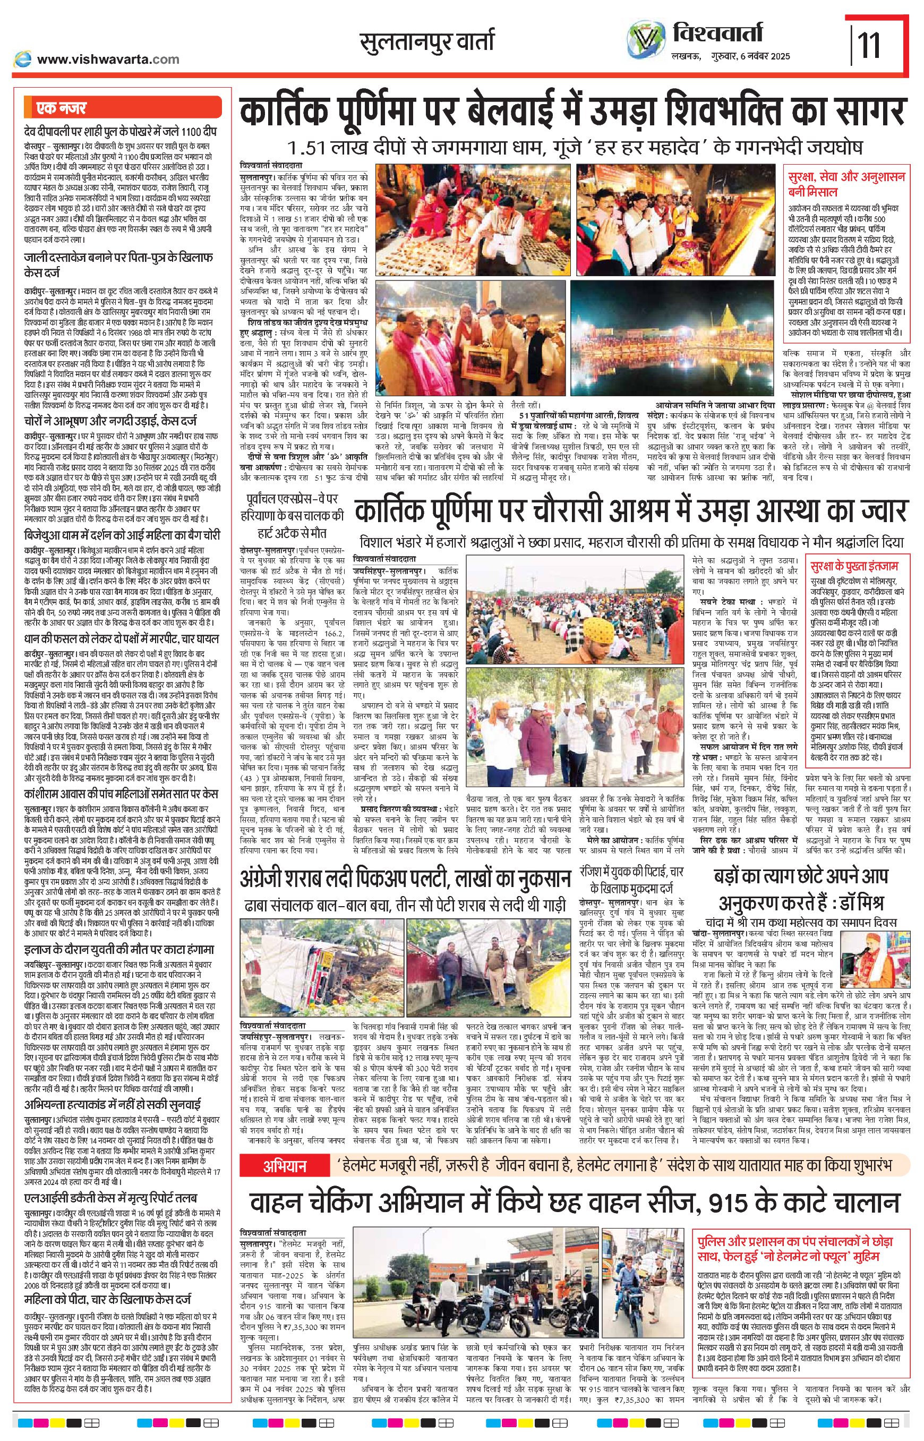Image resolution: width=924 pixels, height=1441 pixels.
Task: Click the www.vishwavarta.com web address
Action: coord(108,59)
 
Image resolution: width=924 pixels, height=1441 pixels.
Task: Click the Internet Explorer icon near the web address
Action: coord(23,58)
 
